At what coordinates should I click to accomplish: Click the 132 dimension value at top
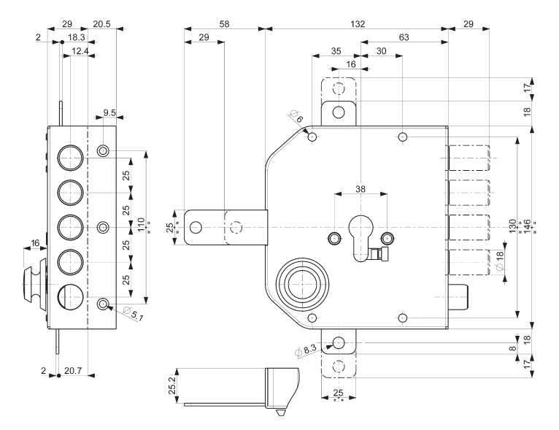(x=358, y=24)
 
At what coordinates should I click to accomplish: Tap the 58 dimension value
(x=224, y=24)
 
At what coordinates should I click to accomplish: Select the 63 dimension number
(x=404, y=37)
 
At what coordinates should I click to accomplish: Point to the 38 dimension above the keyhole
(x=361, y=189)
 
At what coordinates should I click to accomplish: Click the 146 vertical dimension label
(x=527, y=227)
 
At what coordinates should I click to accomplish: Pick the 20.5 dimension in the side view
(x=101, y=24)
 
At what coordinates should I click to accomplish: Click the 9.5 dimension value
(x=109, y=112)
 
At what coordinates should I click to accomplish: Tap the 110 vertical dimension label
(x=141, y=225)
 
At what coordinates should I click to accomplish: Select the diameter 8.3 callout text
(x=307, y=350)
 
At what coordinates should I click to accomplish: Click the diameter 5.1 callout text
(x=133, y=313)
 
